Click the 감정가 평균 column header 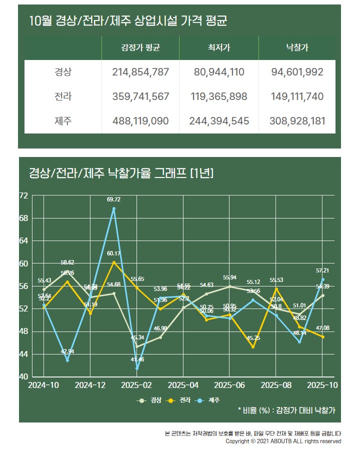click(x=143, y=48)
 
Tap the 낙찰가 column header click(x=297, y=48)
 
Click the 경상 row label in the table click(x=63, y=72)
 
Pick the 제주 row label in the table click(x=63, y=121)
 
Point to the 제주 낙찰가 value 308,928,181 click(x=297, y=121)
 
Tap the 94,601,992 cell click(x=297, y=72)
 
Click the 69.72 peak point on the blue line click(x=114, y=208)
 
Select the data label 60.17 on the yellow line click(x=113, y=253)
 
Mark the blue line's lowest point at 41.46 click(x=137, y=368)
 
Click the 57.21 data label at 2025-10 click(x=322, y=270)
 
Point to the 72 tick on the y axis click(x=23, y=195)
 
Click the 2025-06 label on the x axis click(x=229, y=385)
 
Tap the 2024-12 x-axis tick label click(x=90, y=385)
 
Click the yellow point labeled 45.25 click(x=253, y=347)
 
